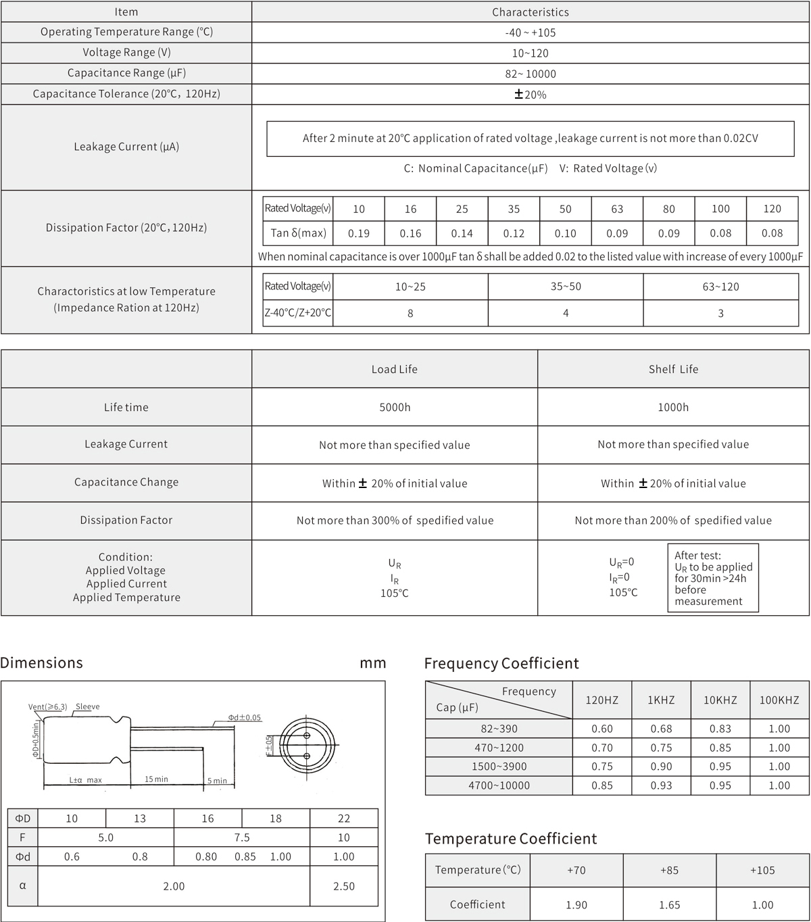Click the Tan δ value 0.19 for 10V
(x=358, y=233)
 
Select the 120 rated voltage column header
(x=772, y=209)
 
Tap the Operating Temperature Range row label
(x=126, y=32)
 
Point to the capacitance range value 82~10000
(x=530, y=74)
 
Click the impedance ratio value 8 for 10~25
(x=410, y=313)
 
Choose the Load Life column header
(x=394, y=369)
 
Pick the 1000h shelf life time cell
(x=673, y=407)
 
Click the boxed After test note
(x=712, y=578)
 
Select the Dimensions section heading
(x=42, y=662)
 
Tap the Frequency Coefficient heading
(x=501, y=663)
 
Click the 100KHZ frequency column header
(x=779, y=700)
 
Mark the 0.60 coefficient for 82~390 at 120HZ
(x=601, y=729)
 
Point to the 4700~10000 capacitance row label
(x=499, y=785)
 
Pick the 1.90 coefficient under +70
(x=576, y=904)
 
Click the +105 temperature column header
(x=762, y=870)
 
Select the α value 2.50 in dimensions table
(x=343, y=886)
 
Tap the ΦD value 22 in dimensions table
(x=343, y=819)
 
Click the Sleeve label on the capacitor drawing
(x=88, y=707)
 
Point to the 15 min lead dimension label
(x=156, y=779)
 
